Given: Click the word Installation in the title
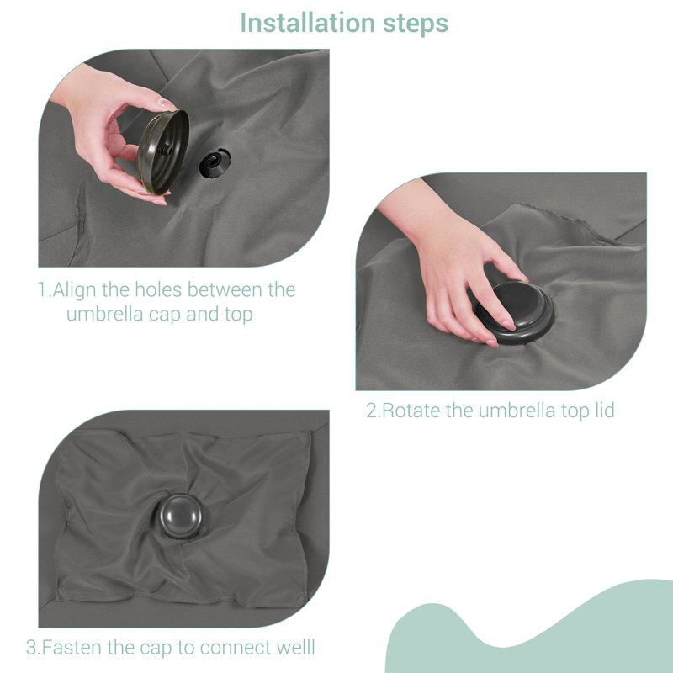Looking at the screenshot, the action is [x=308, y=23].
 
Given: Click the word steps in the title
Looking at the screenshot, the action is [x=415, y=24].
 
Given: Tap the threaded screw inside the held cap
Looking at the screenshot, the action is [x=165, y=150].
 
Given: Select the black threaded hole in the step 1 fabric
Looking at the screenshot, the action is [x=215, y=162].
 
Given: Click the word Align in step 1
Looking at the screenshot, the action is [x=74, y=290].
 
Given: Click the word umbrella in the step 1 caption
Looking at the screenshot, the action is [x=104, y=314].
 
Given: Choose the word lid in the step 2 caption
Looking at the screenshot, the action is [x=604, y=410].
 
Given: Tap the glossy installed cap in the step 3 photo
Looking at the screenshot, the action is [x=180, y=516].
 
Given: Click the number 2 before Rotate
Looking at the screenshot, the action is [x=371, y=411].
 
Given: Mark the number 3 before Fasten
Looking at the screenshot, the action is [x=31, y=648].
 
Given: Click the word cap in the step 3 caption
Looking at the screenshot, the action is [x=156, y=649].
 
